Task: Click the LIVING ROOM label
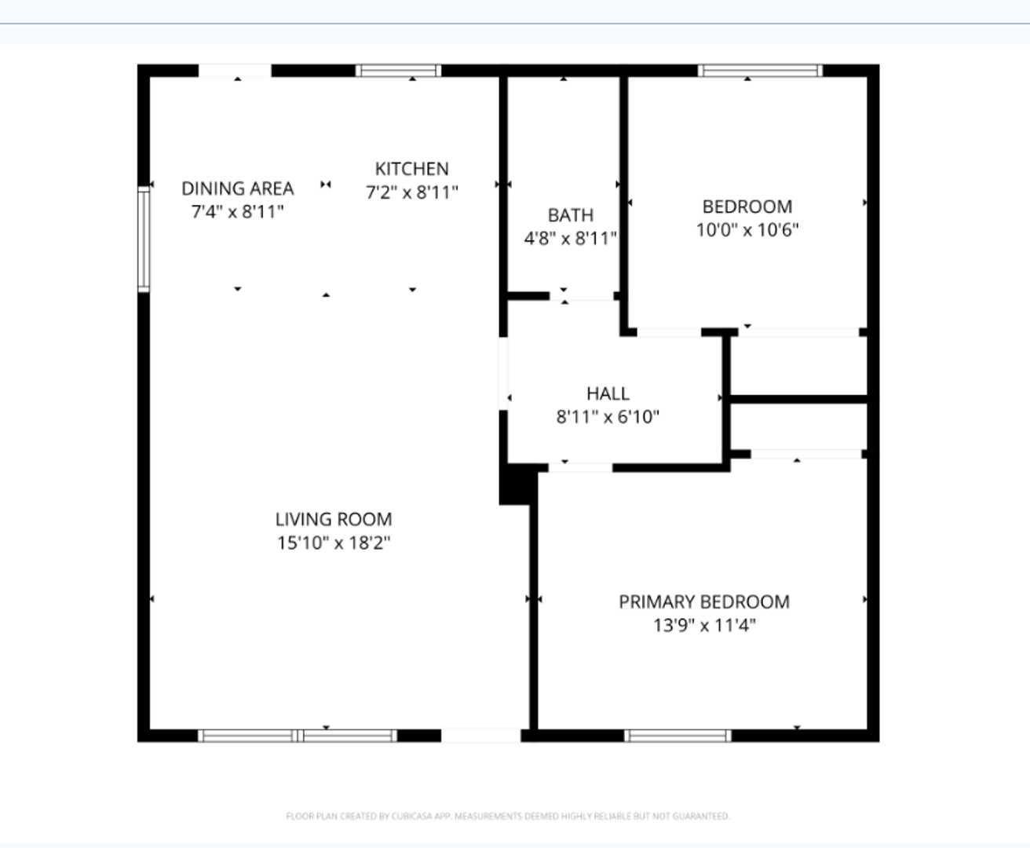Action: pos(333,519)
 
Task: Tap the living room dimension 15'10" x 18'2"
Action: pos(333,543)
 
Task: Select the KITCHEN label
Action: pos(411,169)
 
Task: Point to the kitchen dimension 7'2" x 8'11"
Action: pos(411,192)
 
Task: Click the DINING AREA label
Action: pos(237,188)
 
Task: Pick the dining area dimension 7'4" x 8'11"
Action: pos(237,212)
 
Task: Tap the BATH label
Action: pos(570,215)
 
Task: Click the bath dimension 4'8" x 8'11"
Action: pos(570,239)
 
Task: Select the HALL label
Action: pos(608,393)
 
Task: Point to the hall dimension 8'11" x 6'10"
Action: pos(608,417)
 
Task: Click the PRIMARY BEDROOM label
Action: pos(703,602)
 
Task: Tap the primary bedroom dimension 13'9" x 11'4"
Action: pos(703,626)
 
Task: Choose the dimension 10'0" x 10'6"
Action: pos(747,230)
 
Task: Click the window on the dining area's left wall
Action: pos(144,239)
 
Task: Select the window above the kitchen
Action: pos(398,71)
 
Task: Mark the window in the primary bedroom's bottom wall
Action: pos(678,736)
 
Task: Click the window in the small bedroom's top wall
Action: pos(760,71)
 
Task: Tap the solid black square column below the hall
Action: pos(516,485)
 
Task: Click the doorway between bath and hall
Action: pos(581,296)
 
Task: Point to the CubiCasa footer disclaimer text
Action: pos(508,817)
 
